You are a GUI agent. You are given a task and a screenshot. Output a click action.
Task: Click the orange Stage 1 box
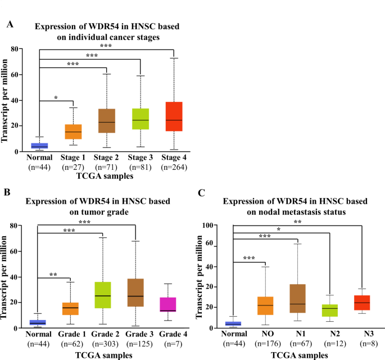73,133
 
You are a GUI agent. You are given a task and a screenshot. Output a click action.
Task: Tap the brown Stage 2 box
107,121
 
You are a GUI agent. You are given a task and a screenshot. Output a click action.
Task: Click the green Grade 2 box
103,295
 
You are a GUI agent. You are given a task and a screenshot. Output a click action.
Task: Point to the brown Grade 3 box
136,293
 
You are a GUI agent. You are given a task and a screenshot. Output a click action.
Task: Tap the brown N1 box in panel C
297,299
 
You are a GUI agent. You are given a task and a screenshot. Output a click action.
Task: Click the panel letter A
10,25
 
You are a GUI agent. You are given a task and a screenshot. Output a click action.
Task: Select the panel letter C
203,192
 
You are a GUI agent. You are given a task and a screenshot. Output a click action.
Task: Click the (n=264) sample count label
175,168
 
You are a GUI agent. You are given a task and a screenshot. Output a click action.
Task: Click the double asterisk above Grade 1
53,275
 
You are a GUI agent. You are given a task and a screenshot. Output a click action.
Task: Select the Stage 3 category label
141,157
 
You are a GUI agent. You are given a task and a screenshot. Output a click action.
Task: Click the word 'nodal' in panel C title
252,212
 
